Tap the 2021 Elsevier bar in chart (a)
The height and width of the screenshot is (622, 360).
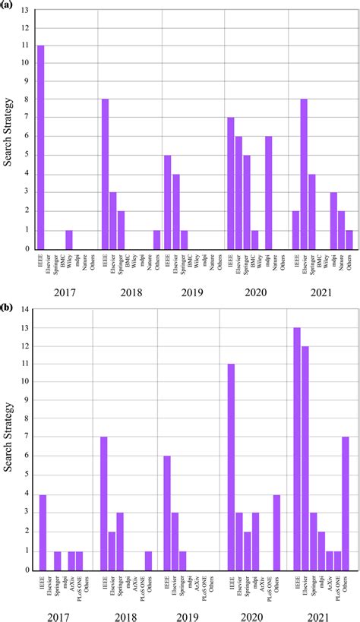303,175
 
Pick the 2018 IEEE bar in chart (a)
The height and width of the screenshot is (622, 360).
105,175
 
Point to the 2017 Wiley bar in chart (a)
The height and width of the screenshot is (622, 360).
68,239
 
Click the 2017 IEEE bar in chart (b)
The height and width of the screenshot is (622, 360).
43,532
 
